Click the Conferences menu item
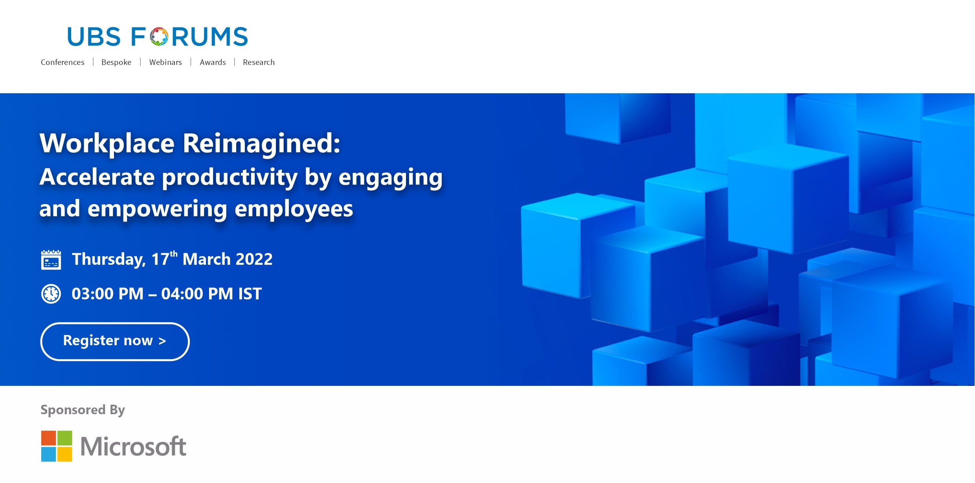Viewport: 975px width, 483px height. pyautogui.click(x=62, y=62)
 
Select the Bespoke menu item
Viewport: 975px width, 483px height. pyautogui.click(x=116, y=62)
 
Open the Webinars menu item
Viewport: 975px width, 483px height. pyautogui.click(x=165, y=62)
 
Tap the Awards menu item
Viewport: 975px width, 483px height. pyautogui.click(x=213, y=62)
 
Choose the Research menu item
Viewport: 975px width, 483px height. pyautogui.click(x=259, y=62)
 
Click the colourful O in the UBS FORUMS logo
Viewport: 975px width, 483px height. pyautogui.click(x=159, y=37)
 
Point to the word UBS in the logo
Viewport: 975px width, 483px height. pyautogui.click(x=94, y=37)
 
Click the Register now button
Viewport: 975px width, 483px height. pyautogui.click(x=115, y=341)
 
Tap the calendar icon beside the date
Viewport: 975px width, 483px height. pyautogui.click(x=51, y=260)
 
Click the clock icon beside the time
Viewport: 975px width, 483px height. pyautogui.click(x=51, y=294)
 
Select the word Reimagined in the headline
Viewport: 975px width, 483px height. pyautogui.click(x=261, y=144)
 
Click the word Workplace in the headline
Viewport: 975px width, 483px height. pyautogui.click(x=107, y=144)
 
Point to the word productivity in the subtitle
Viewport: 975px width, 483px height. pyautogui.click(x=230, y=177)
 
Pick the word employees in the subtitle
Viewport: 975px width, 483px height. pyautogui.click(x=294, y=209)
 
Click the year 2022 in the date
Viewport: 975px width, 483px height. pyautogui.click(x=254, y=259)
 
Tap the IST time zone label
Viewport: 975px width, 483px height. pyautogui.click(x=250, y=294)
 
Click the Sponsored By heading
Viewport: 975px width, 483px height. pyautogui.click(x=83, y=410)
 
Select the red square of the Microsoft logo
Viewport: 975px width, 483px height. pyautogui.click(x=48, y=438)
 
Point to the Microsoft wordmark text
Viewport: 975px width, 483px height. pyautogui.click(x=133, y=446)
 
